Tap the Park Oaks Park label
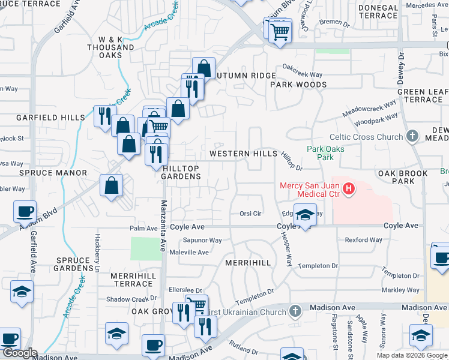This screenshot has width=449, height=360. click(320, 153)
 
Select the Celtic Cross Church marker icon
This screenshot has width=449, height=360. click(412, 137)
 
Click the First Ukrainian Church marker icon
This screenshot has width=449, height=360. click(294, 311)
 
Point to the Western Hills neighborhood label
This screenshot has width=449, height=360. click(243, 154)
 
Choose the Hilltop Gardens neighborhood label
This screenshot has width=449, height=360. click(182, 172)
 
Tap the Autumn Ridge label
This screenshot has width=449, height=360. click(246, 76)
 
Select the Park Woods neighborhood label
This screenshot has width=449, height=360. click(298, 85)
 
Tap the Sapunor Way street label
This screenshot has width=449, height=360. click(203, 241)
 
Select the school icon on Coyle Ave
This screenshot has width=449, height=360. click(305, 216)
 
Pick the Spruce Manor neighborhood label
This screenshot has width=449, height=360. click(44, 173)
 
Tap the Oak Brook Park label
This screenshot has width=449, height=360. click(403, 177)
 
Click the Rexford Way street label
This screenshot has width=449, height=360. click(363, 240)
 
